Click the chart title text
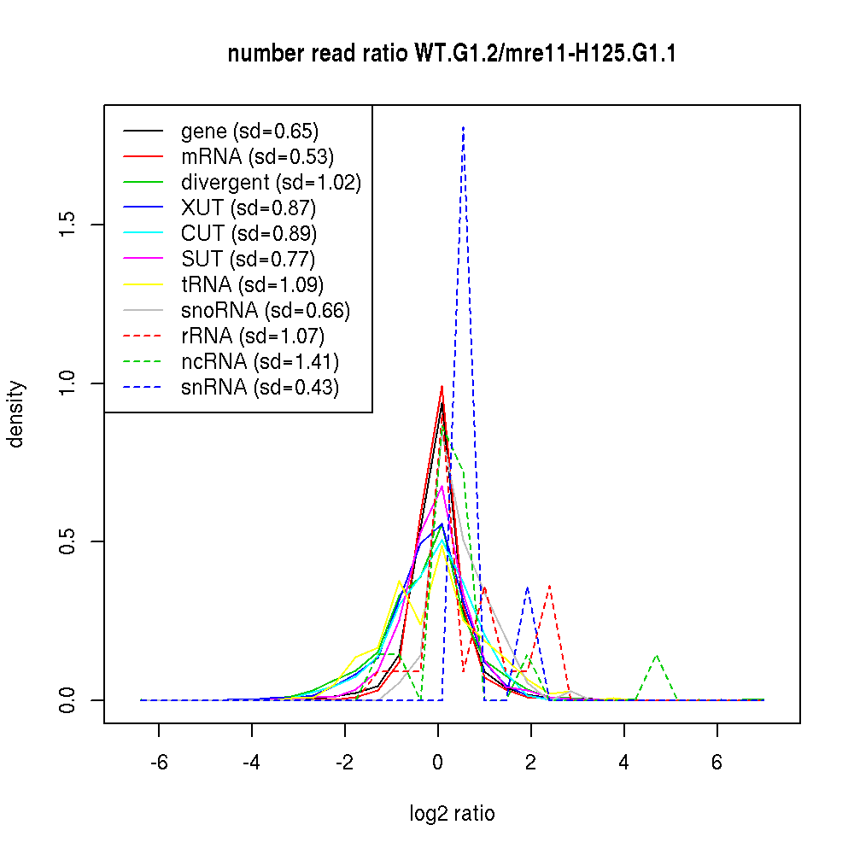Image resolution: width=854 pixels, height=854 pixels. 452,55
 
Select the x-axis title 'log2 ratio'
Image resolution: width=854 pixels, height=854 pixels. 452,814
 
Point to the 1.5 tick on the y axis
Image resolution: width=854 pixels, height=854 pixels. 67,225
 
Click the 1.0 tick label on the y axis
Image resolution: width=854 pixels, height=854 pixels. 67,383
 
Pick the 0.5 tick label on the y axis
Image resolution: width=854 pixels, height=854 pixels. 67,541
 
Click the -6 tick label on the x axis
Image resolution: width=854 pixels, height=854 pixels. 159,762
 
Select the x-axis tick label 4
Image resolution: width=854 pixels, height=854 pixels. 624,762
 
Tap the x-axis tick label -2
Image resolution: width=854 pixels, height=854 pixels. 345,762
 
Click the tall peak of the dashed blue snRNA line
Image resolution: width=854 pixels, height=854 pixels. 463,127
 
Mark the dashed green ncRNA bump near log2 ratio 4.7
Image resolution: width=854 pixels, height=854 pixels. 656,656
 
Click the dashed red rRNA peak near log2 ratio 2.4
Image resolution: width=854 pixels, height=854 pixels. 550,587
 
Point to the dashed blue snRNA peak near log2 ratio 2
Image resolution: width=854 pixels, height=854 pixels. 528,588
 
